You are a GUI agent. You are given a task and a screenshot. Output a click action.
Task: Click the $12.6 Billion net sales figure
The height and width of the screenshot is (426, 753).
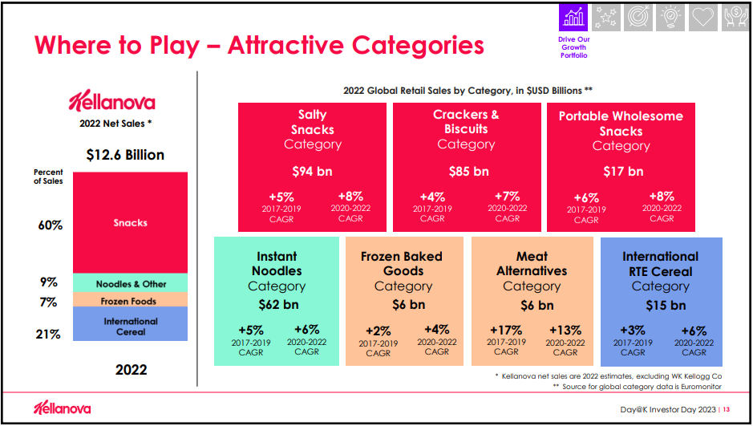click(124, 154)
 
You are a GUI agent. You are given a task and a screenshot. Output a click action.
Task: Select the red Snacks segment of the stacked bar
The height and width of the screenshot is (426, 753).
click(130, 222)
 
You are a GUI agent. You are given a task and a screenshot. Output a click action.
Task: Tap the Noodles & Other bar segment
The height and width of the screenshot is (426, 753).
click(130, 283)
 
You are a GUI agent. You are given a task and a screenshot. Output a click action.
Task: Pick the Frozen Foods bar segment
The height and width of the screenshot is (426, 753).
click(130, 301)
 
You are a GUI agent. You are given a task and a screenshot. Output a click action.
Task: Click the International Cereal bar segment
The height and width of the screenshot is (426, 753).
click(130, 326)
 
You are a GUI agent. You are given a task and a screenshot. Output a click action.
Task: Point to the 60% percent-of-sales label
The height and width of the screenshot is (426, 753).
click(50, 225)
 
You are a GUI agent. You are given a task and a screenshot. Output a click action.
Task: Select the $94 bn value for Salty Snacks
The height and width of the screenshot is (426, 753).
click(312, 171)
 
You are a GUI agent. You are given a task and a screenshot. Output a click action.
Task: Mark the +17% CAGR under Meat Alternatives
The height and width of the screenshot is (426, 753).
click(505, 330)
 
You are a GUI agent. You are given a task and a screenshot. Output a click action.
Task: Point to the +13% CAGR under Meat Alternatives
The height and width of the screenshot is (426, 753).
click(566, 330)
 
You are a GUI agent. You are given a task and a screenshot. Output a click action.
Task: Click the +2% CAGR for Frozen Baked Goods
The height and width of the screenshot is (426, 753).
click(379, 331)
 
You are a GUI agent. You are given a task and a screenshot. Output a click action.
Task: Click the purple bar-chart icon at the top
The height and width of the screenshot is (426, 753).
click(573, 17)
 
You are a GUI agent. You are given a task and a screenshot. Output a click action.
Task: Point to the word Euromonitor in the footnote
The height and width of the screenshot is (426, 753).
click(706, 387)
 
